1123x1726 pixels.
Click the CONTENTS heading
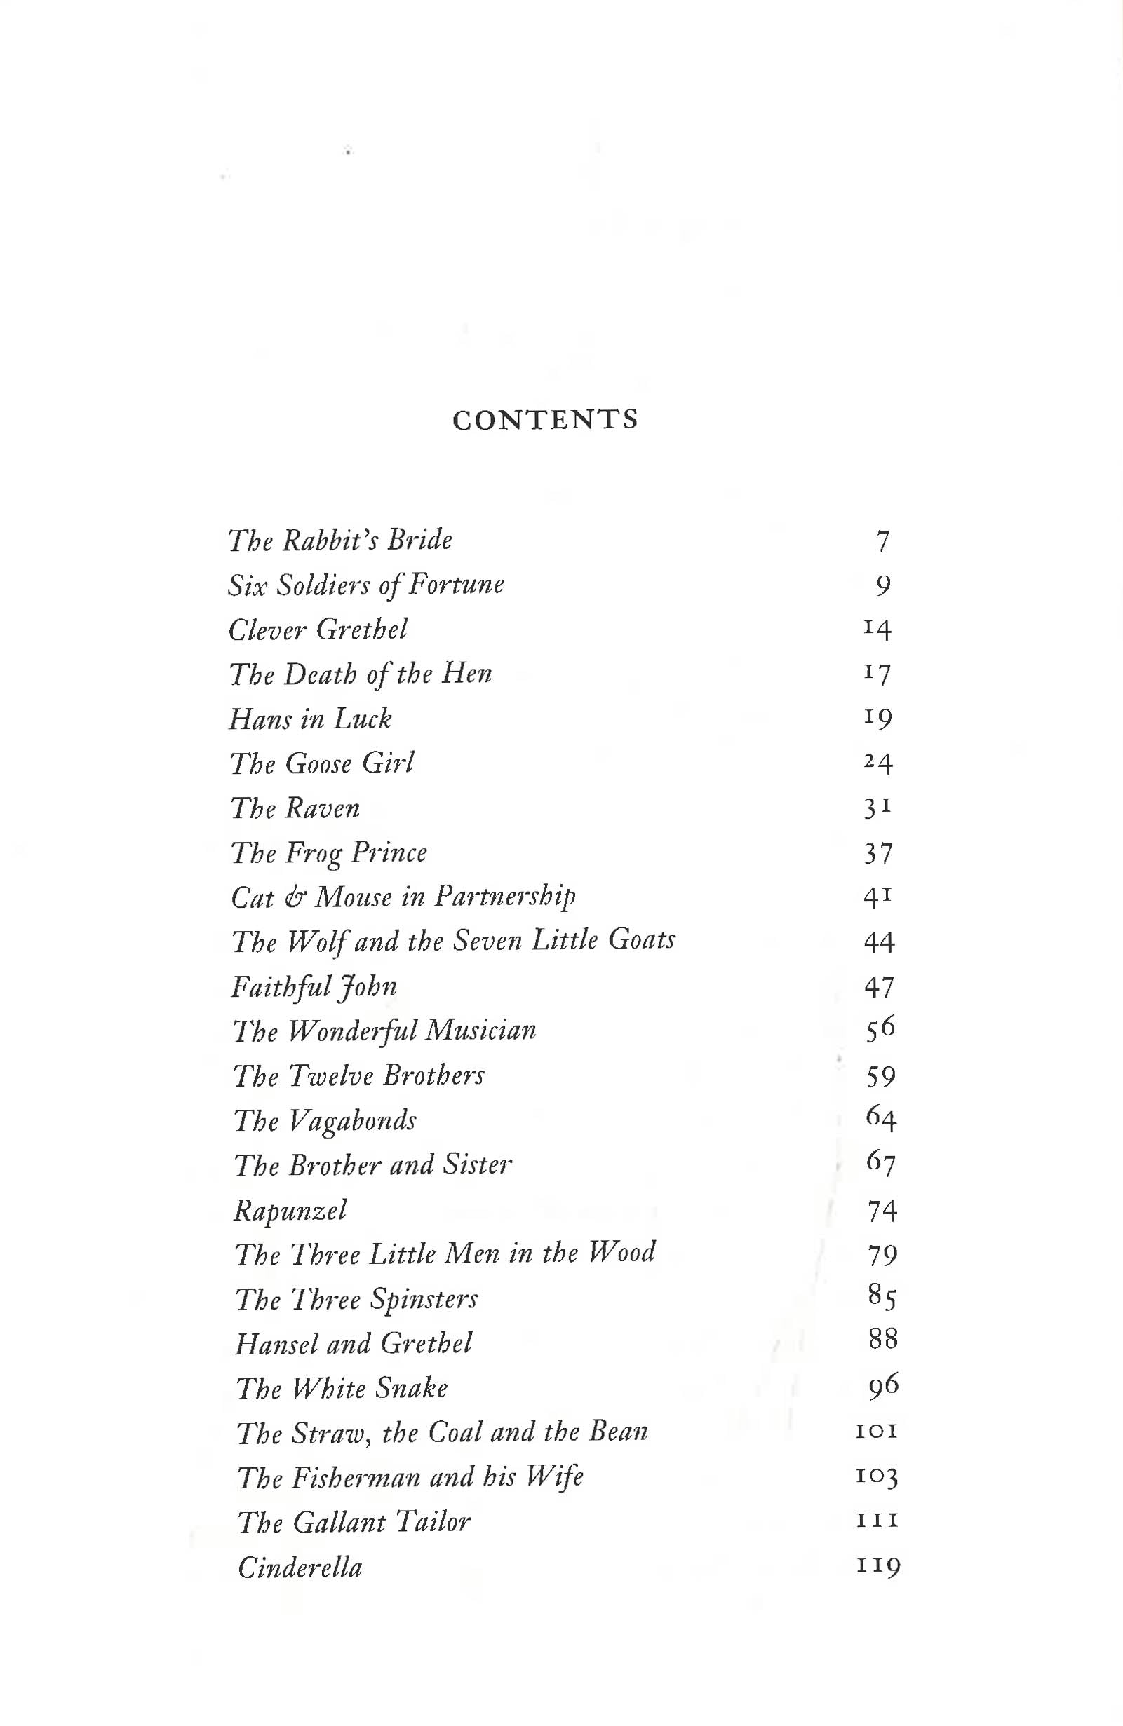(545, 420)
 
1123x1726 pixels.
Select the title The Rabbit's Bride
(340, 541)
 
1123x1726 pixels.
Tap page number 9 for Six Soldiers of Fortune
(883, 585)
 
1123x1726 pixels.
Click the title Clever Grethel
(318, 630)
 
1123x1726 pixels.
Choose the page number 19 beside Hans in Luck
(877, 718)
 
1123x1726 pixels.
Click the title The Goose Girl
(322, 763)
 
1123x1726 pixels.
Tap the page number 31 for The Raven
(877, 807)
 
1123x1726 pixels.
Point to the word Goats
(642, 940)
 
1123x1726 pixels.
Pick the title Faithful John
(314, 987)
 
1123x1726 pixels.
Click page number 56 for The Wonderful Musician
(881, 1029)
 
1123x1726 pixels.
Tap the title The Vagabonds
(325, 1121)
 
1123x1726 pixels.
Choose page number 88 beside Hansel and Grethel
(884, 1340)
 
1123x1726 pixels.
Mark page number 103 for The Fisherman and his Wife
(877, 1476)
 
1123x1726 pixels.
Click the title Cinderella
(300, 1568)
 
